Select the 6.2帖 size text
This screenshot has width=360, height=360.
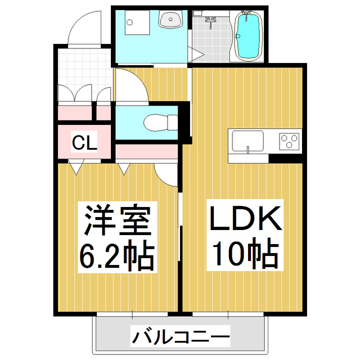tap(118, 256)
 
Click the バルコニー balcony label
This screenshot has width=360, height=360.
tap(181, 337)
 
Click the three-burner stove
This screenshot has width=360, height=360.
tap(290, 141)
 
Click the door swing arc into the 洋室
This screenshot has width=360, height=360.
tap(166, 174)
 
